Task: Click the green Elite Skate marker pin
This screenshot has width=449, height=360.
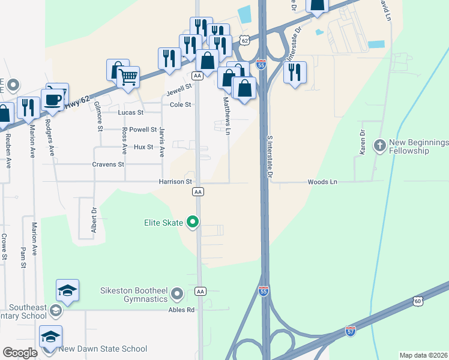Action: click(193, 223)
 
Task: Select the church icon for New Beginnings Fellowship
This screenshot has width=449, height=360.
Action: click(379, 146)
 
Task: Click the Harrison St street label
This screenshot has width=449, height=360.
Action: click(175, 182)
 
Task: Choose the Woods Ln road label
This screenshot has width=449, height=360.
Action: click(322, 182)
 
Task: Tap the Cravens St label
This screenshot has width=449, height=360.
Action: click(108, 164)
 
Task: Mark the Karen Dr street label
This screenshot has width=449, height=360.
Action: click(363, 143)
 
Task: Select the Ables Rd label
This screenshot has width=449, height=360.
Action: click(182, 310)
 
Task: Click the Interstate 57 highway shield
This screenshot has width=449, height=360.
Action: click(351, 331)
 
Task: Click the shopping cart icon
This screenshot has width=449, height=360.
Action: click(128, 77)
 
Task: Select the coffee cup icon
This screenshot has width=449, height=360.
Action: click(53, 99)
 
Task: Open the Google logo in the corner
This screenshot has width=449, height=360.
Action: click(20, 353)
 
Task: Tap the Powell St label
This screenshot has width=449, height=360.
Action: click(143, 129)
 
